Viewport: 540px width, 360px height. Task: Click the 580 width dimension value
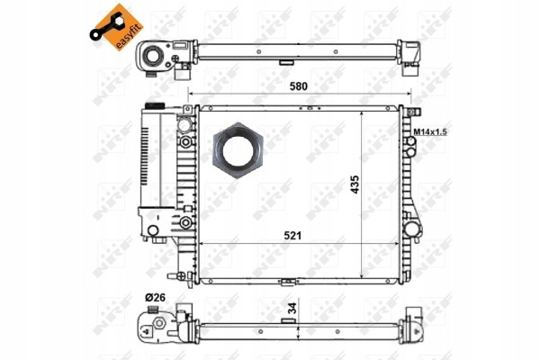pyautogui.click(x=298, y=86)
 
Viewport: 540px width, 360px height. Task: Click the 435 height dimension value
pyautogui.click(x=355, y=184)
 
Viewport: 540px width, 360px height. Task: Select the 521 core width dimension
pyautogui.click(x=292, y=236)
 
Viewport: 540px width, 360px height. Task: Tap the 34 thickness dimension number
pyautogui.click(x=292, y=308)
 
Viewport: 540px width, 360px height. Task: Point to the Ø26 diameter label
pyautogui.click(x=155, y=297)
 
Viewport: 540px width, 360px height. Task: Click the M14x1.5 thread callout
pyautogui.click(x=430, y=131)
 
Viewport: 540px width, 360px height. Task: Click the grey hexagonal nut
pyautogui.click(x=238, y=150)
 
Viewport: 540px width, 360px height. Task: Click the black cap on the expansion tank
pyautogui.click(x=155, y=105)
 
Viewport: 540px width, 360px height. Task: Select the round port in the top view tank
pyautogui.click(x=152, y=56)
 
